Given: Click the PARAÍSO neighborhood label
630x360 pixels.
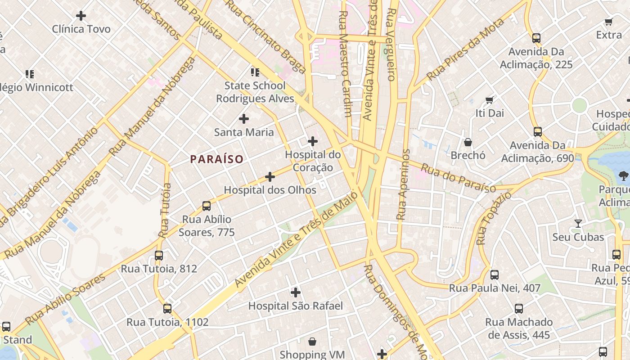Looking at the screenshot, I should (216, 159).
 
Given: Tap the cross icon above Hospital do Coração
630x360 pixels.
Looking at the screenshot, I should (312, 141).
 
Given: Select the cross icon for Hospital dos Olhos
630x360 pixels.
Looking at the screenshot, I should (270, 177).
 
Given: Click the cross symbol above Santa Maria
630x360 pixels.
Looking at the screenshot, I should (243, 119).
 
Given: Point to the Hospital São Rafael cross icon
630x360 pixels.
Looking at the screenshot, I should (295, 292).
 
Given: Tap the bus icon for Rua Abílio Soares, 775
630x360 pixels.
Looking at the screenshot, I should (207, 206).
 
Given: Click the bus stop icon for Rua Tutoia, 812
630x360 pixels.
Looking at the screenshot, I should (159, 256).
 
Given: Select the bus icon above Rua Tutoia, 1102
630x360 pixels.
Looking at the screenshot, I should (167, 309).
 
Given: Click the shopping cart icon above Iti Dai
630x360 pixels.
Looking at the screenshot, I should (490, 100).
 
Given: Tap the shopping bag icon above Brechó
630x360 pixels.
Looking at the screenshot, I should (468, 142).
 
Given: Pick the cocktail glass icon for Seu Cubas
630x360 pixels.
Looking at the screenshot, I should (578, 224).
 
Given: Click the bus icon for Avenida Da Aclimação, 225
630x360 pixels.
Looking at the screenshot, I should (536, 38).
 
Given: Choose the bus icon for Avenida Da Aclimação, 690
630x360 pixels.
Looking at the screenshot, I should (538, 132).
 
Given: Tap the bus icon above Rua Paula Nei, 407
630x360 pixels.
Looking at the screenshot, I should (495, 274).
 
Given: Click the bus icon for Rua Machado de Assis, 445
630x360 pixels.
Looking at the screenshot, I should (519, 309).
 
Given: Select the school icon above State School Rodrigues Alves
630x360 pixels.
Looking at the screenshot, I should (255, 72).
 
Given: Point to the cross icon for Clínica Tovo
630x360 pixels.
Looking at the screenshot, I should (81, 16).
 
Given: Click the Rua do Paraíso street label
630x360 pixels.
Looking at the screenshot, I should (458, 178).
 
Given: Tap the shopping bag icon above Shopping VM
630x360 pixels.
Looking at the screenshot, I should (312, 342).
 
